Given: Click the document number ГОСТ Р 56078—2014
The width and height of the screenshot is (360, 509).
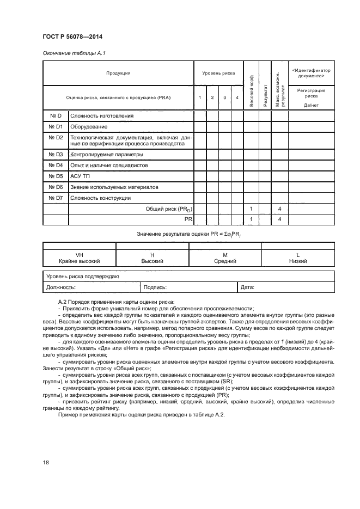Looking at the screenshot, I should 72,36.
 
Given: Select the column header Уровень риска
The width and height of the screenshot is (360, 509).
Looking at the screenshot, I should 218,72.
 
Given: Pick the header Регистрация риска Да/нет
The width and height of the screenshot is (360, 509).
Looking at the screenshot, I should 311,97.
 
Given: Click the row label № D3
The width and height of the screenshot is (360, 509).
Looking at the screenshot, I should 56,155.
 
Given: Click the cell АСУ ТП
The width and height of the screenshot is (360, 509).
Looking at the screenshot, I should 79,176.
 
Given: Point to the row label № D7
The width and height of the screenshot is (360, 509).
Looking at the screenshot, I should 56,198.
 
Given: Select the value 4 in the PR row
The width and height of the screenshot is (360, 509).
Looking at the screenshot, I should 279,219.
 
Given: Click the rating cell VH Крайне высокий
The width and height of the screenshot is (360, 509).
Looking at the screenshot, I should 80,258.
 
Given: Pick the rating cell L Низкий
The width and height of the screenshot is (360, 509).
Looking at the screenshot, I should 298,258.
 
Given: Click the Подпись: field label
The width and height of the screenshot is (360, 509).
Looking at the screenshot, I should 155,286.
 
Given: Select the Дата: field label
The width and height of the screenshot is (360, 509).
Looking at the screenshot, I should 247,286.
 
